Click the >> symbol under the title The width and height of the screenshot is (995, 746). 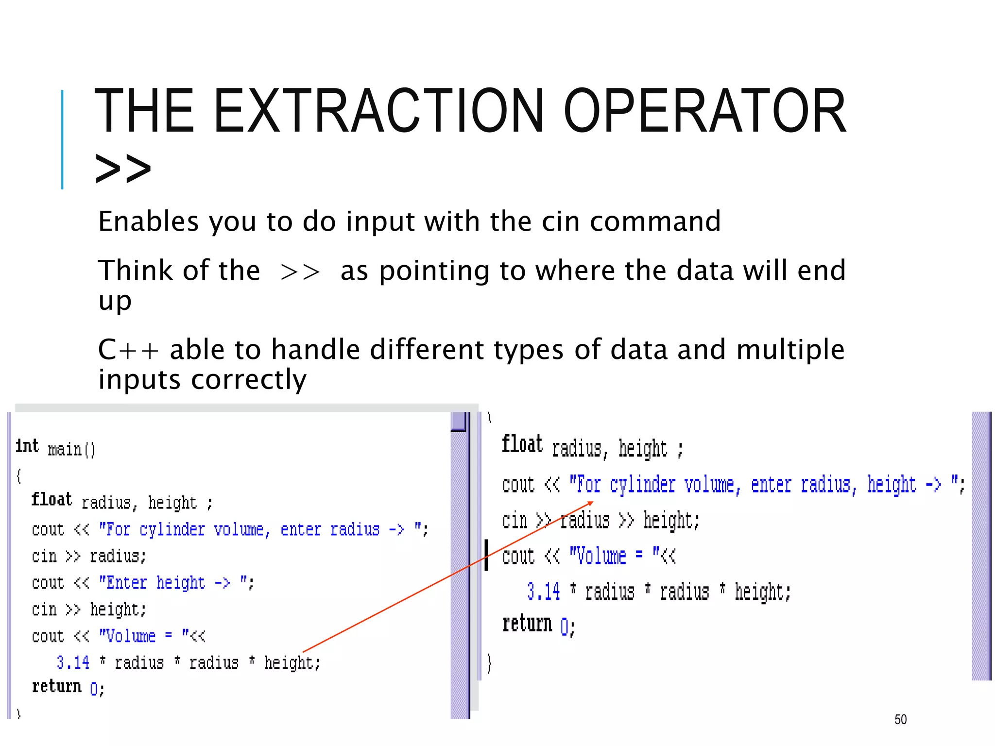pyautogui.click(x=123, y=168)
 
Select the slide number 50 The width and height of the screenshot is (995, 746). pyautogui.click(x=900, y=719)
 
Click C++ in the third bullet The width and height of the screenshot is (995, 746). pyautogui.click(x=128, y=350)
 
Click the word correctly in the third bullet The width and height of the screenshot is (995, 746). pyautogui.click(x=249, y=379)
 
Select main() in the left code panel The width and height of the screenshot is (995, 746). pyautogui.click(x=71, y=449)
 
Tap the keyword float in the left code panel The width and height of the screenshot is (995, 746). pyautogui.click(x=51, y=500)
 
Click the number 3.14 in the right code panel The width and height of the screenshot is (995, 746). pyautogui.click(x=543, y=592)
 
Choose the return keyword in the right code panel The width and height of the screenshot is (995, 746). pyautogui.click(x=527, y=624)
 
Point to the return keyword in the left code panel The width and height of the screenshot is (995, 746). pyautogui.click(x=56, y=687)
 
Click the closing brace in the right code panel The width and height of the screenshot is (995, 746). pyautogui.click(x=489, y=663)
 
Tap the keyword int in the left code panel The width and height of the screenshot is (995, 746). pyautogui.click(x=27, y=446)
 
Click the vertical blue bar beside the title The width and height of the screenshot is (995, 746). pyautogui.click(x=62, y=139)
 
